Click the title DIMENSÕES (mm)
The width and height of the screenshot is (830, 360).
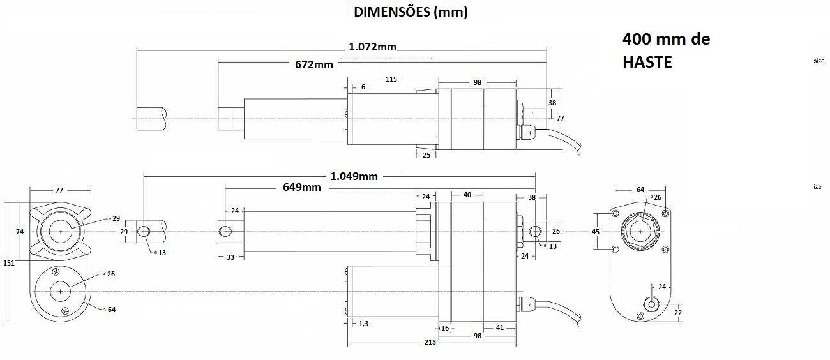coord(411,12)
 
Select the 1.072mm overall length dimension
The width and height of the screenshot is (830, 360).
coord(372,47)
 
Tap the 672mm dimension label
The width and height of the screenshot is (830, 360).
coord(314,65)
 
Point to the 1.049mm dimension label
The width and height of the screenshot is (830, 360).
coord(354,176)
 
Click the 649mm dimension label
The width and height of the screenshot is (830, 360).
coord(301,188)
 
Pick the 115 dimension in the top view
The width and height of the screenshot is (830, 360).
coord(391,79)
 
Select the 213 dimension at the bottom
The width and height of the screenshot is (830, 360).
coord(430,342)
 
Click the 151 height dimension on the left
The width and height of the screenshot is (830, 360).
coord(9,263)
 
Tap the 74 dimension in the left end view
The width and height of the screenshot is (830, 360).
coord(20,232)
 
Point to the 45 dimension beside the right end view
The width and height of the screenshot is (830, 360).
coord(596,232)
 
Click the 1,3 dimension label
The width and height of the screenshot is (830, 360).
coord(363,324)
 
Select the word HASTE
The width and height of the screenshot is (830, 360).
coord(647,62)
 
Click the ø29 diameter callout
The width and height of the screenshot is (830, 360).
coord(115,218)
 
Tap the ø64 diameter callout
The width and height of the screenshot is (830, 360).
coord(110,310)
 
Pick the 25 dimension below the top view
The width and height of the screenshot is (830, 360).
coord(426,155)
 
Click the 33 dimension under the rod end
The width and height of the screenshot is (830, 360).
coord(230,257)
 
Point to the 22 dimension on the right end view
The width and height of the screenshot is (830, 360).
coord(677,313)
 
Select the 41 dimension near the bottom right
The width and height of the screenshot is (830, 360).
coord(500,327)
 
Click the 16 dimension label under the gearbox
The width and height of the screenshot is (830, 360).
coord(445,328)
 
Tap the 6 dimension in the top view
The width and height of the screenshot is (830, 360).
coord(363,87)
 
